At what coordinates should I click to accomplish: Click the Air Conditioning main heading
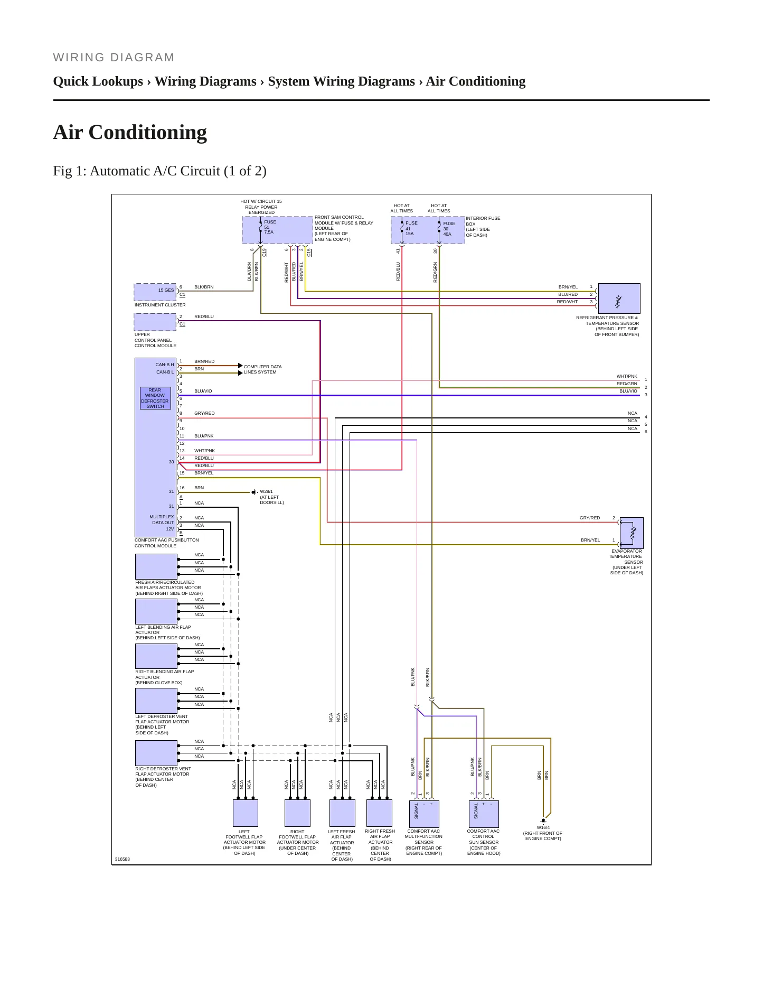(130, 132)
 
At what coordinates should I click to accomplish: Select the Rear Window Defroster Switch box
(155, 398)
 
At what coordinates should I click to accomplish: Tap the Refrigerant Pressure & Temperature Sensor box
(619, 299)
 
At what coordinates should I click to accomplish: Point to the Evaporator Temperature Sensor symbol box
(632, 533)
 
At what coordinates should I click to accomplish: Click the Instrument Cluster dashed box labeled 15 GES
(155, 292)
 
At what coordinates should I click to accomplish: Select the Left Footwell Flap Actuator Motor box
(246, 813)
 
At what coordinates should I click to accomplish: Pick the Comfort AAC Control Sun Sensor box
(484, 814)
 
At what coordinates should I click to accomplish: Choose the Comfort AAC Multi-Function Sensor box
(424, 814)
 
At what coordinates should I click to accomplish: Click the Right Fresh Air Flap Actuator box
(380, 813)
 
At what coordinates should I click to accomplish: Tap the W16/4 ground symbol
(543, 822)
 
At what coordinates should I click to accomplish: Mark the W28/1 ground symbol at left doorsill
(255, 492)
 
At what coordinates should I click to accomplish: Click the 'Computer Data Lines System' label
(262, 369)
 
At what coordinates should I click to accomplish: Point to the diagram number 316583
(123, 859)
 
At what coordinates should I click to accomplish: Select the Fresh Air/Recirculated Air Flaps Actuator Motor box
(156, 566)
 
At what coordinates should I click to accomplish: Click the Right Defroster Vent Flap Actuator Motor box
(156, 753)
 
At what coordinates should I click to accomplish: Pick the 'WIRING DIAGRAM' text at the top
(114, 58)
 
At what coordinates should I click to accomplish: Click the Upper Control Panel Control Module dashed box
(155, 322)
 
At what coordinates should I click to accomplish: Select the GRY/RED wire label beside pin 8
(204, 413)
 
